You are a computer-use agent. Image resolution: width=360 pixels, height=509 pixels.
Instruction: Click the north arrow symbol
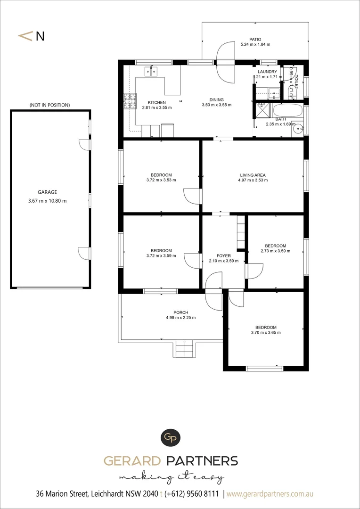[x=26, y=36]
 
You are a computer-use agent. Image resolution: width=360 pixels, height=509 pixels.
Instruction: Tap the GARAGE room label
[x=47, y=192]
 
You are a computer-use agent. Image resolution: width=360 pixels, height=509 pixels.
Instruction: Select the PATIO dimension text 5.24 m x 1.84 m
[x=255, y=44]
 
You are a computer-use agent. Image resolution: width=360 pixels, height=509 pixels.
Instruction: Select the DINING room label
[x=216, y=100]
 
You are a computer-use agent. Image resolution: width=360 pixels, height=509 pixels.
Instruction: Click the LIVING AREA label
[x=253, y=175]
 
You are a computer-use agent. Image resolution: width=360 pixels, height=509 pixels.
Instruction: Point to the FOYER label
[x=224, y=256]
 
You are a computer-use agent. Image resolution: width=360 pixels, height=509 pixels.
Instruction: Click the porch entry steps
[x=184, y=349]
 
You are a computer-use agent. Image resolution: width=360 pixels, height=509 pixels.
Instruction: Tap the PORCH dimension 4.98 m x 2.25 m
[x=180, y=318]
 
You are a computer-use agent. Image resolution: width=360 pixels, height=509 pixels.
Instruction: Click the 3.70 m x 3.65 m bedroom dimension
[x=266, y=333]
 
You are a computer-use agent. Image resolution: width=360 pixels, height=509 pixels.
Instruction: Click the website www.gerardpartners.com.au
[x=270, y=494]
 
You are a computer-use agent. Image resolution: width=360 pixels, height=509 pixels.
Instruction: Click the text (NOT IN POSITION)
[x=49, y=105]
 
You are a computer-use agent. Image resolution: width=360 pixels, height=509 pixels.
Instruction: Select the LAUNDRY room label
[x=267, y=72]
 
